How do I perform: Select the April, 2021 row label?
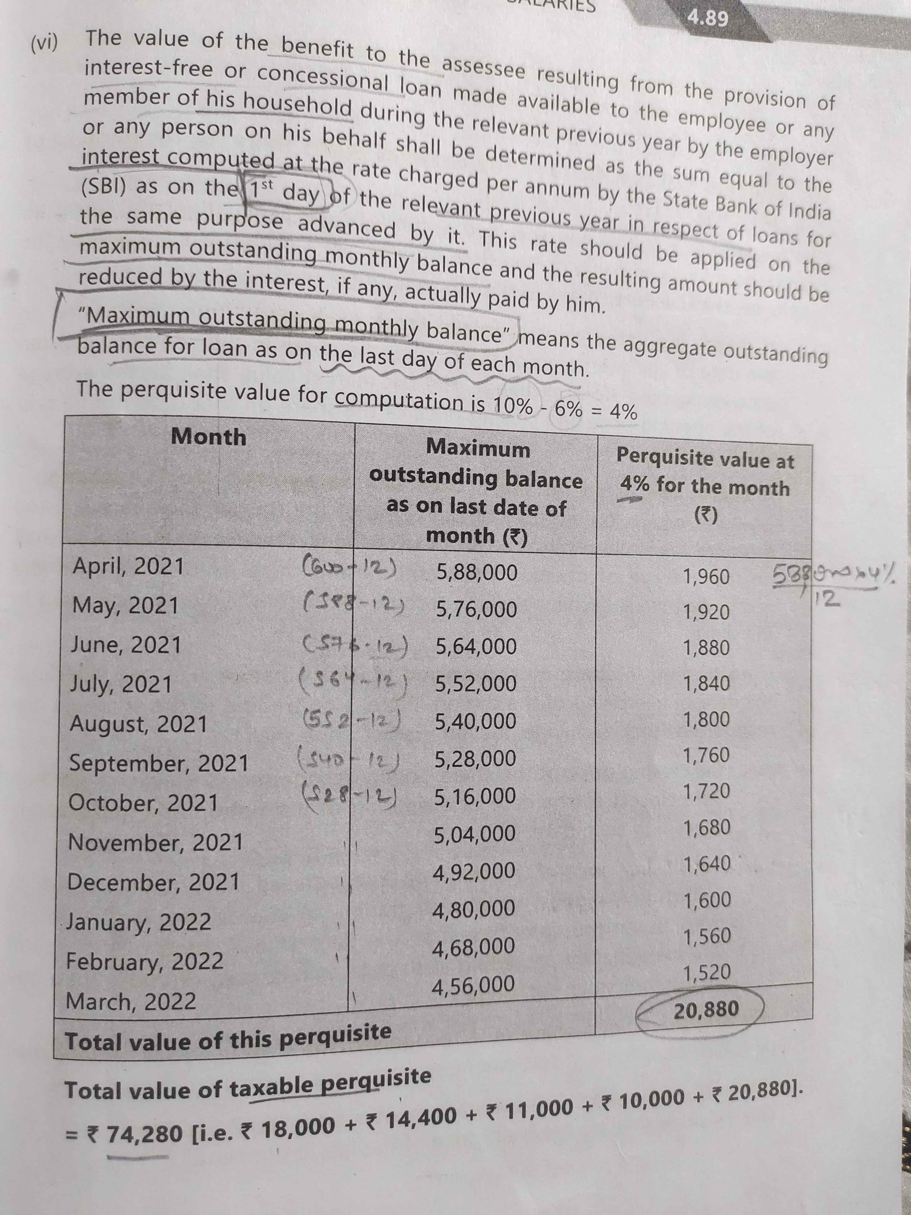tap(128, 566)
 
